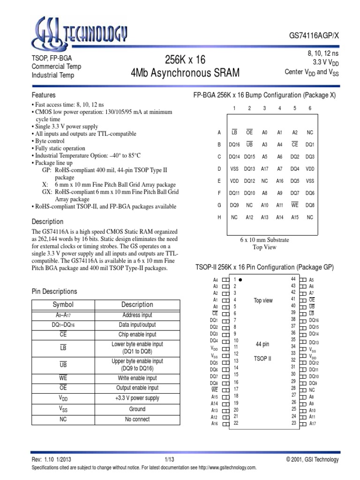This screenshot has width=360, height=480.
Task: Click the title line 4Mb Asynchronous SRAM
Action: pyautogui.click(x=185, y=73)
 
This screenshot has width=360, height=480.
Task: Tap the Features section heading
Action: pyautogui.click(x=43, y=95)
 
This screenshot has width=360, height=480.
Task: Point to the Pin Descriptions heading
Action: pyautogui.click(x=54, y=292)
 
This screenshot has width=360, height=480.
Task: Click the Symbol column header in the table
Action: pyautogui.click(x=63, y=305)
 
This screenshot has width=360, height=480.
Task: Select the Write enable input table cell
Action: pyautogui.click(x=137, y=378)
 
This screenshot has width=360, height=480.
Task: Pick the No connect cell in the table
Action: pyautogui.click(x=137, y=419)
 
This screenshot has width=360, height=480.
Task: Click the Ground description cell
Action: pyautogui.click(x=137, y=409)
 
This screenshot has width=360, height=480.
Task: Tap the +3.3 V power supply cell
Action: pyautogui.click(x=137, y=398)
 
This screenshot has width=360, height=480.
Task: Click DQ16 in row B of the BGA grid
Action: pyautogui.click(x=234, y=145)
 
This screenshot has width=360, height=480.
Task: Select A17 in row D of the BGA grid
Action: pyautogui.click(x=264, y=169)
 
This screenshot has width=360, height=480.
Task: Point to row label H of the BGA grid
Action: pyautogui.click(x=219, y=217)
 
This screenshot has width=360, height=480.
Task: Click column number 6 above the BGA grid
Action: pyautogui.click(x=310, y=108)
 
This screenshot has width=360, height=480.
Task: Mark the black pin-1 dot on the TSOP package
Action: pyautogui.click(x=240, y=279)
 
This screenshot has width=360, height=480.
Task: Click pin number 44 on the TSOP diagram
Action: pyautogui.click(x=293, y=279)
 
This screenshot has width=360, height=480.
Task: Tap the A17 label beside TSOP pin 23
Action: pyautogui.click(x=313, y=424)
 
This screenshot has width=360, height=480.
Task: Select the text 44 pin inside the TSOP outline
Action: pyautogui.click(x=262, y=344)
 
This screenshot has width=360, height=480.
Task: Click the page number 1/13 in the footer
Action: pyautogui.click(x=169, y=460)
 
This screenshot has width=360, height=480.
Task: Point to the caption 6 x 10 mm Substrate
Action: pyautogui.click(x=264, y=240)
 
